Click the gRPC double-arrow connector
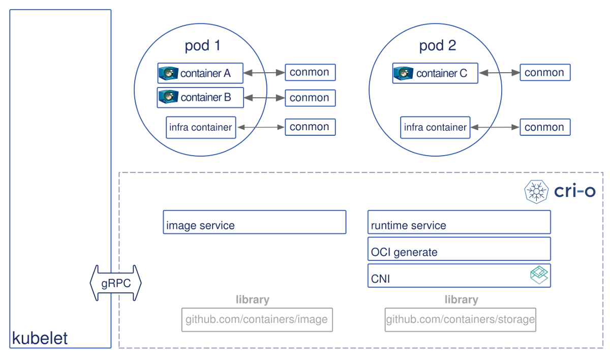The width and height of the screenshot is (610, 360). tap(115, 283)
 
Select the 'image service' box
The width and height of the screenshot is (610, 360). tap(254, 222)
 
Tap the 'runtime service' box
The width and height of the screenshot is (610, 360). tap(459, 222)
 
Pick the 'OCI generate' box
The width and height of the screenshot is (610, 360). tap(459, 249)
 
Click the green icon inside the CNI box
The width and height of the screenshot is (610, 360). tap(539, 275)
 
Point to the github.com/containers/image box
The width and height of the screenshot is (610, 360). tap(257, 320)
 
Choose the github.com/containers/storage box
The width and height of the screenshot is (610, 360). tap(461, 320)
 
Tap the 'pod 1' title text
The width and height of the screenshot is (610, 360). tap(202, 46)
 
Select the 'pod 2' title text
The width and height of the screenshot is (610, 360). tap(437, 46)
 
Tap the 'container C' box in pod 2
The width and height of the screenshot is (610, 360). tap(435, 73)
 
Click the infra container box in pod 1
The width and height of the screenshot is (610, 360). tap(201, 127)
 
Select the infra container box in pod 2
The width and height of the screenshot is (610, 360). tap(435, 127)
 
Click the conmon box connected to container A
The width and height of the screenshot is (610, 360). tap(310, 72)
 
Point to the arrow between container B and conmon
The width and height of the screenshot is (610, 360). tap(264, 98)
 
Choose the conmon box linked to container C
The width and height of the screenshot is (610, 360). tap(544, 73)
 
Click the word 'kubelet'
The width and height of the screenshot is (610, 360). tap(40, 338)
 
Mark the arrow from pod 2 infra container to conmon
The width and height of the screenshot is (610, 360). tap(494, 128)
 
